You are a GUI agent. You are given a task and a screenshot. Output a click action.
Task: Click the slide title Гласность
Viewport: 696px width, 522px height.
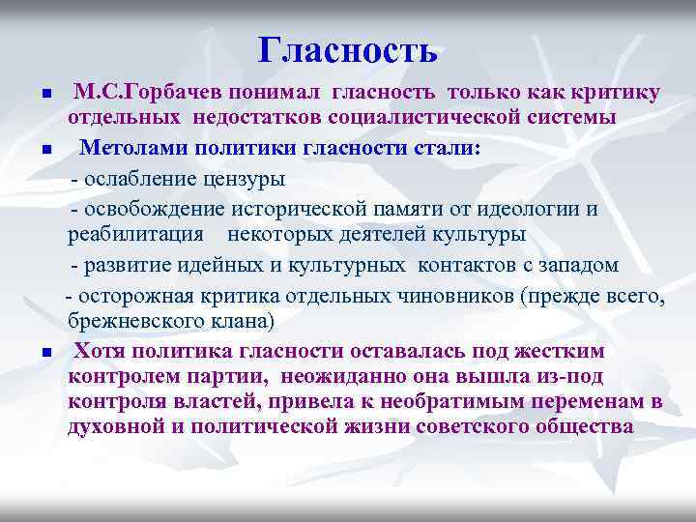coord(348,49)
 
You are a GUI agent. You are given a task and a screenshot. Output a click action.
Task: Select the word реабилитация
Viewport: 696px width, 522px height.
coord(135,235)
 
